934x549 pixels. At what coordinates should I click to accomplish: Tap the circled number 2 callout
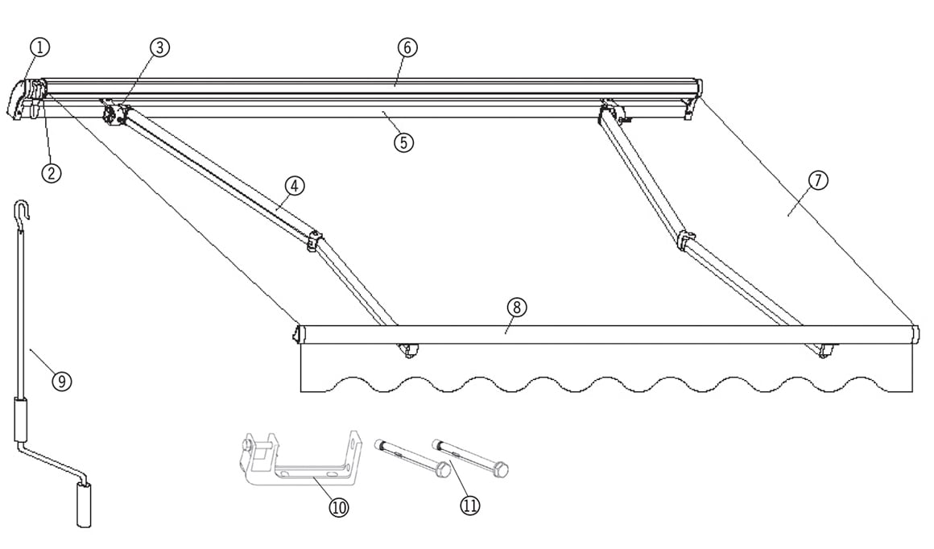click(x=51, y=173)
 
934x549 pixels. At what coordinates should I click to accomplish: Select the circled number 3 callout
click(x=159, y=47)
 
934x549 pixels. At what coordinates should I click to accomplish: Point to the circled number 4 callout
click(x=295, y=185)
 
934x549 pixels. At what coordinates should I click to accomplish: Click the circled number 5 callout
click(x=403, y=142)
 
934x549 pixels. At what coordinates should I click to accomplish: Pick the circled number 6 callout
click(x=407, y=47)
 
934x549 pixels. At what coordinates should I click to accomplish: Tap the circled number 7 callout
click(x=817, y=180)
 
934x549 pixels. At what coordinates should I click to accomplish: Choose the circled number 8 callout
click(x=516, y=308)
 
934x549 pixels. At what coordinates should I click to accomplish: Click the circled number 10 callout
click(x=340, y=508)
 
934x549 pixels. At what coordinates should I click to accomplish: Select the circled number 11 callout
click(x=470, y=506)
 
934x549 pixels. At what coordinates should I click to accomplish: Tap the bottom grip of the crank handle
click(x=84, y=507)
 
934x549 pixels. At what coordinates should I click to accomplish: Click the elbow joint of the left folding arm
click(x=314, y=239)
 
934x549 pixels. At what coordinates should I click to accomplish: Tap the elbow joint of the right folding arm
click(x=686, y=239)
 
